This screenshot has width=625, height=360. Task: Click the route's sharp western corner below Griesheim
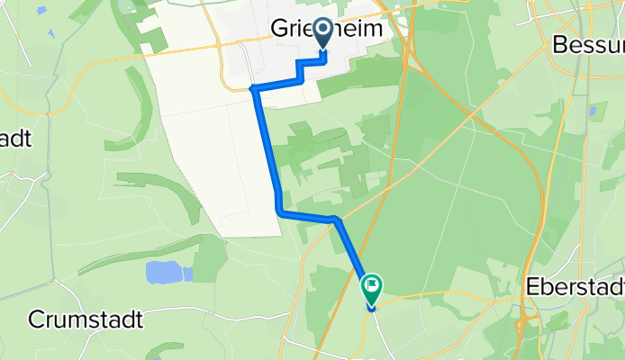(254, 88)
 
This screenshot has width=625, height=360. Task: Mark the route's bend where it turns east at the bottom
(279, 211)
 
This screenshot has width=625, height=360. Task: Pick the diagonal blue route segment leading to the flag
(352, 253)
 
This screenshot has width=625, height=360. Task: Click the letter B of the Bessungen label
(561, 43)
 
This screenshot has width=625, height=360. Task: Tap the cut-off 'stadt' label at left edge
(16, 139)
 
